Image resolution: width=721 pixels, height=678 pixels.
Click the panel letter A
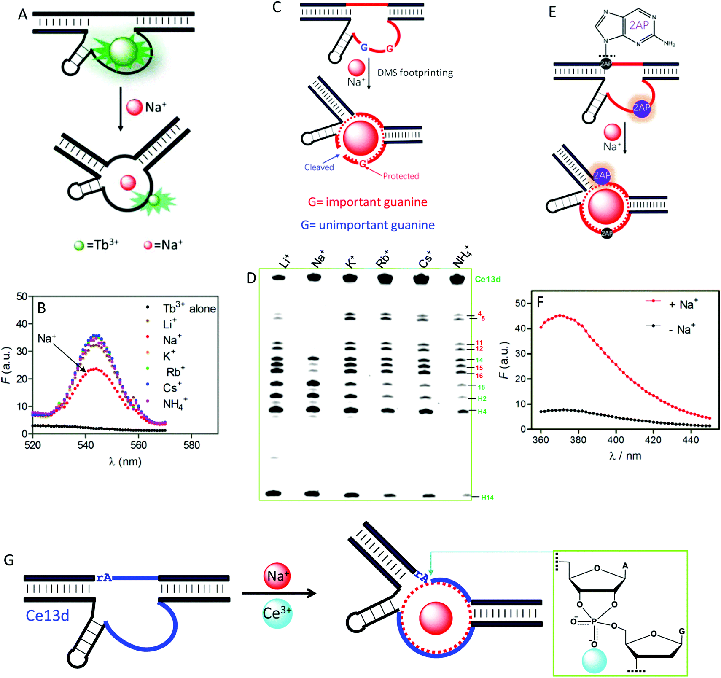[23, 15]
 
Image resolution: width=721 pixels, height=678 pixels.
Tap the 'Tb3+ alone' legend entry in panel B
[189, 309]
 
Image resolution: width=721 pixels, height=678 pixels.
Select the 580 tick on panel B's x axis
[191, 445]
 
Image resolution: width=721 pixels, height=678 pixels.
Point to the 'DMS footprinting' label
[415, 73]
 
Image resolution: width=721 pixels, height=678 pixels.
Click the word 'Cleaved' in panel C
[319, 167]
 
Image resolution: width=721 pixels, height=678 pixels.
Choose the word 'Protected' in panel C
[401, 176]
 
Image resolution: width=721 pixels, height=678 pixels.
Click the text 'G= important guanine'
[368, 202]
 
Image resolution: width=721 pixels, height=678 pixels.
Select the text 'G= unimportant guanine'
[368, 225]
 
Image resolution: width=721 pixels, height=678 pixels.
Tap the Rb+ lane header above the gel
[383, 259]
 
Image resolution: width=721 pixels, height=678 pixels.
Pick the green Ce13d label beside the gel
[488, 279]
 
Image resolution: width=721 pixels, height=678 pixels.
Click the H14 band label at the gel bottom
[487, 498]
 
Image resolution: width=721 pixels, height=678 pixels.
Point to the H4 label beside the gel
[482, 412]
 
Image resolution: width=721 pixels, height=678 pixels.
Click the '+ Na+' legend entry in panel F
[683, 304]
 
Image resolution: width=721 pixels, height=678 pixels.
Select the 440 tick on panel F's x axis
[690, 440]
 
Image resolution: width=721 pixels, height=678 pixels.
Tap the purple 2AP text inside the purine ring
[639, 25]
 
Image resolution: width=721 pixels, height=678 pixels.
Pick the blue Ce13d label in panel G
[47, 616]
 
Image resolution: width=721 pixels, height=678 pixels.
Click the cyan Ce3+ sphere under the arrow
[277, 613]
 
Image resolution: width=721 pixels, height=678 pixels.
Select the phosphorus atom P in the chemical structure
[594, 621]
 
